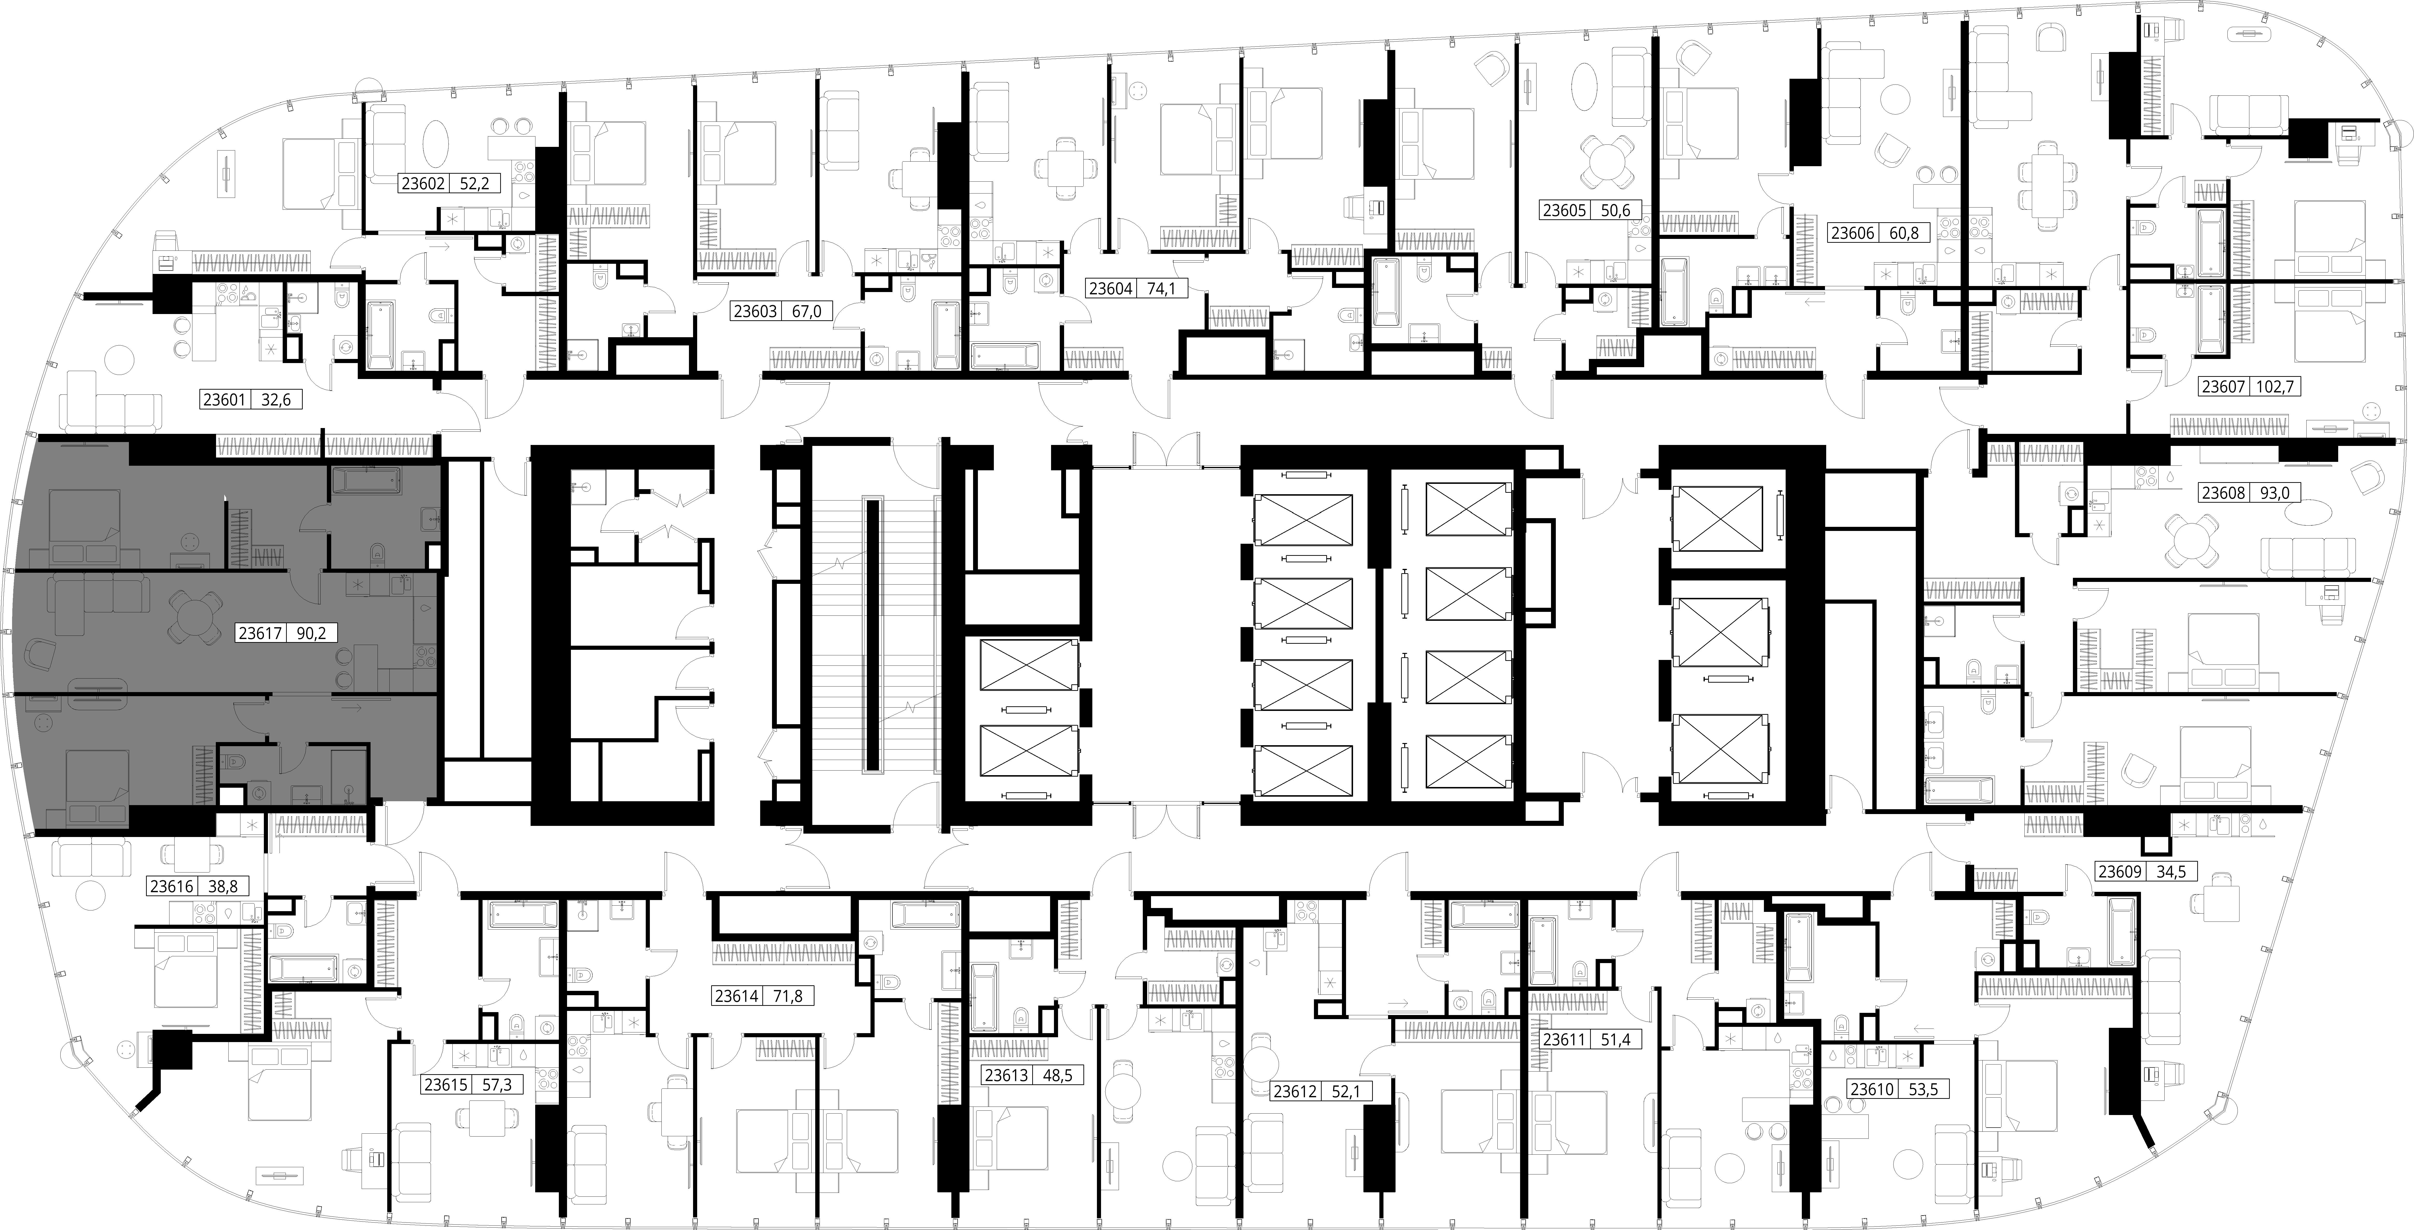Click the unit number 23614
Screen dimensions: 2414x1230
(x=737, y=997)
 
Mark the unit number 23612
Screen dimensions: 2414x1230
(x=1295, y=1091)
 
